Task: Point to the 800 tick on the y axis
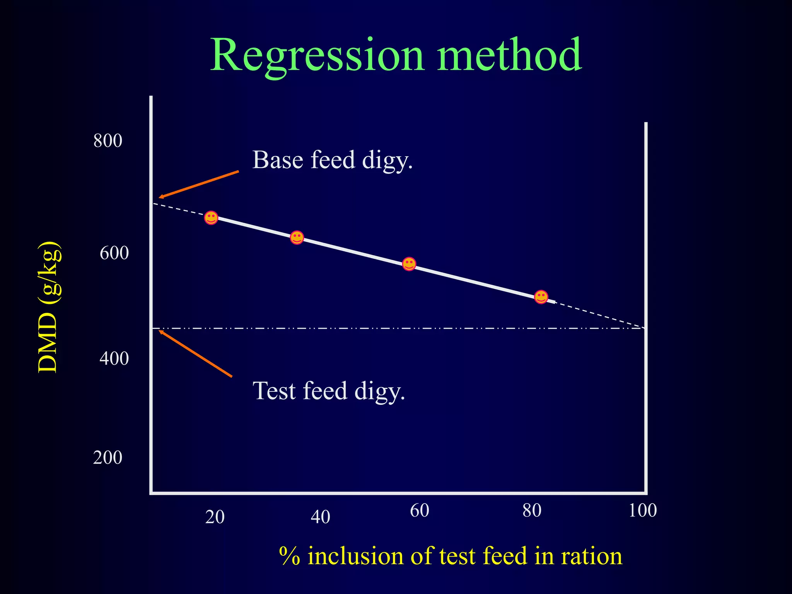coord(108,140)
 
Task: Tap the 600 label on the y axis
coord(114,253)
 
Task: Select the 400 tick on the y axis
coord(114,358)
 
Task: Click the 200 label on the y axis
coord(108,457)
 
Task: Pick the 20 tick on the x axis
coord(215,517)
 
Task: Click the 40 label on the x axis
coord(320,517)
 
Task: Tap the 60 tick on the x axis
coord(420,510)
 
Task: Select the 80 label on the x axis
coord(532,510)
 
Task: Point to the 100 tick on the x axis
coord(642,510)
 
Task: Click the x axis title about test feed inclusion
coord(450,556)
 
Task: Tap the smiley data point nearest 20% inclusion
coord(211,218)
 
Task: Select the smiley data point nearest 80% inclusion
coord(541,297)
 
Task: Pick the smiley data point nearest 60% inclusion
coord(409,264)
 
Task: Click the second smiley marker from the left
coord(297,237)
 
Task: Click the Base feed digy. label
coord(332,160)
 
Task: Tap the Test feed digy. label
coord(329,391)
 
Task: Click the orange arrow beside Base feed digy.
coord(199,184)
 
